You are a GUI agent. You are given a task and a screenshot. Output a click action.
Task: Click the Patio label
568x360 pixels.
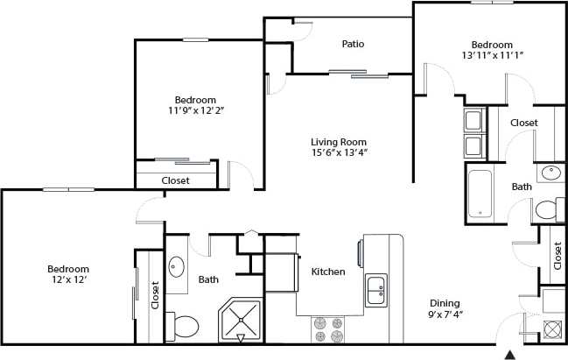(353, 44)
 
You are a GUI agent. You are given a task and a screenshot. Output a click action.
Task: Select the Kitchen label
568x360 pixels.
(328, 272)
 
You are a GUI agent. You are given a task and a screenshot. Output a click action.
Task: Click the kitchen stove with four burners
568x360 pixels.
(328, 329)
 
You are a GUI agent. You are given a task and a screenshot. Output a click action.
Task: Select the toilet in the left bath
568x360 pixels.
(185, 327)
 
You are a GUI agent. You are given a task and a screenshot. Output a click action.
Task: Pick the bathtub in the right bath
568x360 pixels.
(481, 194)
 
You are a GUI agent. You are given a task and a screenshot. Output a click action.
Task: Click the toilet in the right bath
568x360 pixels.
(546, 210)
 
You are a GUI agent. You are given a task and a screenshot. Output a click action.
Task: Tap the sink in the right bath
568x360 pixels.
(551, 173)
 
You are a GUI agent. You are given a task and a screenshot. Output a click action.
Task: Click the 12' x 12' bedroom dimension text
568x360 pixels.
(67, 280)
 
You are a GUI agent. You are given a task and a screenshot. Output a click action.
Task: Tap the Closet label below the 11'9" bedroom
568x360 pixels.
(175, 180)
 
